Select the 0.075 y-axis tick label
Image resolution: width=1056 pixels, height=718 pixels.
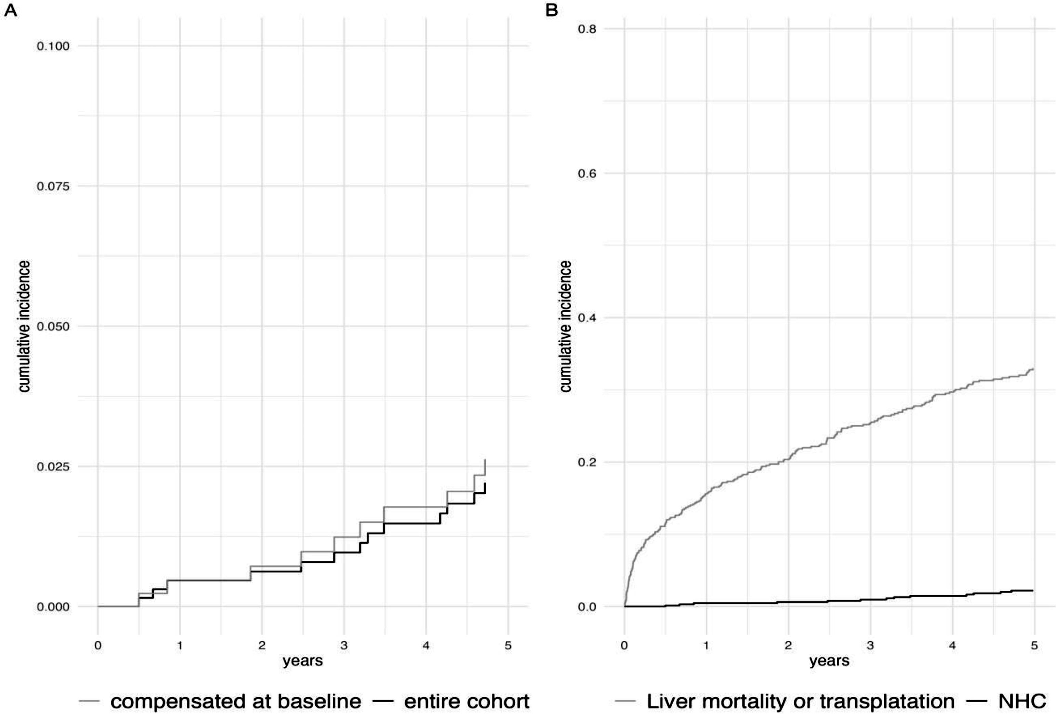pyautogui.click(x=53, y=186)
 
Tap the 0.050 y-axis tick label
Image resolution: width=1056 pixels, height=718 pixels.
pyautogui.click(x=53, y=327)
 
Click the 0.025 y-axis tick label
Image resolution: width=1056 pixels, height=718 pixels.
pyautogui.click(x=53, y=467)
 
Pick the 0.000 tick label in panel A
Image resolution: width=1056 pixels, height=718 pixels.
pyautogui.click(x=53, y=607)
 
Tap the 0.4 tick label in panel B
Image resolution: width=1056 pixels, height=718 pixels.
pyautogui.click(x=586, y=318)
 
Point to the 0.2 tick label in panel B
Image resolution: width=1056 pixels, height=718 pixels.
pyautogui.click(x=586, y=463)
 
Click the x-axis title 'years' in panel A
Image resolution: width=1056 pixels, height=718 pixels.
pyautogui.click(x=303, y=661)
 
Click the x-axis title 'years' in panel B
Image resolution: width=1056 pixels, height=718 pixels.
pyautogui.click(x=829, y=661)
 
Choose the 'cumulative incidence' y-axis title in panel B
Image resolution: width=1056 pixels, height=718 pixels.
pyautogui.click(x=565, y=326)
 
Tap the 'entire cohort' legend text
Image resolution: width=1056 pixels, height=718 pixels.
pyautogui.click(x=467, y=702)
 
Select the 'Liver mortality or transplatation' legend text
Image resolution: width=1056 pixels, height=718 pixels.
pyautogui.click(x=801, y=702)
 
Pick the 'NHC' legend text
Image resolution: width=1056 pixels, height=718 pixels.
pyautogui.click(x=1022, y=702)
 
